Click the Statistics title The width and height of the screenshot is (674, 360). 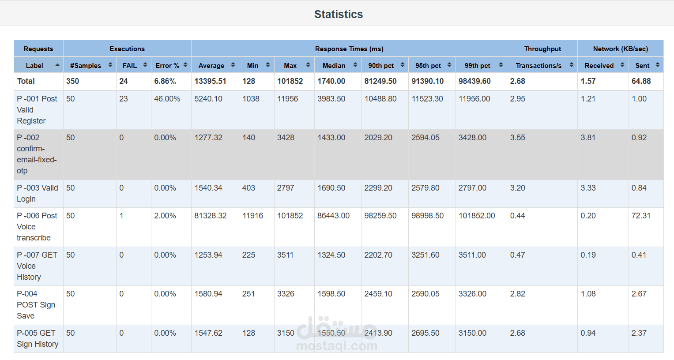339,14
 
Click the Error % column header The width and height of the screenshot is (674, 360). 167,66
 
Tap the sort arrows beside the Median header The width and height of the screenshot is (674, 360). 355,65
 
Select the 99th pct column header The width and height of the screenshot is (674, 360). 477,66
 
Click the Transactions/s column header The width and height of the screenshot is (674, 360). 538,66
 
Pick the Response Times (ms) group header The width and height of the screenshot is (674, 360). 349,49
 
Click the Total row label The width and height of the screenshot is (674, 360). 26,81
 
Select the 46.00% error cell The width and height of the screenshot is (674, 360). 167,99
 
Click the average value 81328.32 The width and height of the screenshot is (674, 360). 211,216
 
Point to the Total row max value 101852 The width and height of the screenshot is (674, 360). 290,81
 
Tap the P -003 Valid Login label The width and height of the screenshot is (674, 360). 38,193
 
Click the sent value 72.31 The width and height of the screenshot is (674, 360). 641,216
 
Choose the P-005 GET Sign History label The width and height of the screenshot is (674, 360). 38,338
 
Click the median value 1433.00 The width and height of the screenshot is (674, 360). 331,138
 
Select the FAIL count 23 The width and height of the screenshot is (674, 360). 123,99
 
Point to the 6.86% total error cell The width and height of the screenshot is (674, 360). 165,81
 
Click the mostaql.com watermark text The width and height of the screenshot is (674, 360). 337,346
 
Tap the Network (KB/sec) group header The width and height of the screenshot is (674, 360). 621,49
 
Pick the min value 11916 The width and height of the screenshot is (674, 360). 252,216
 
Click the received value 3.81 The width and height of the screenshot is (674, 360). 588,138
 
